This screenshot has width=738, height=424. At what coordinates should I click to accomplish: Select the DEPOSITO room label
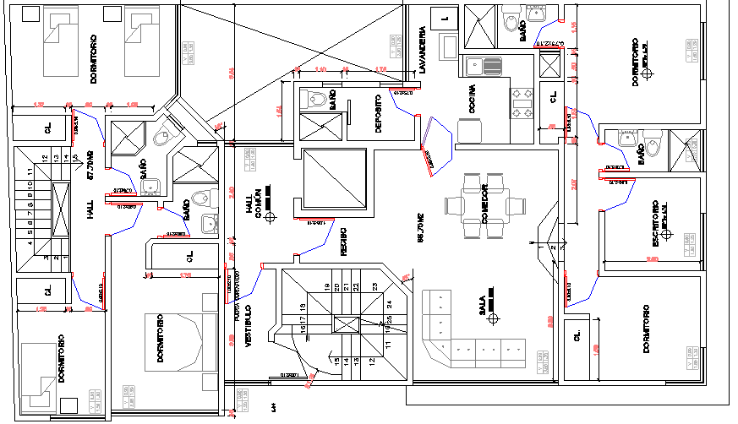click(x=378, y=112)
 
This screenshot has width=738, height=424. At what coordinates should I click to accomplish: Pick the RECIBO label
click(x=343, y=242)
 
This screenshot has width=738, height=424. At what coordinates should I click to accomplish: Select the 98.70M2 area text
click(x=419, y=228)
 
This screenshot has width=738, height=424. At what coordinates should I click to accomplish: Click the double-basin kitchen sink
click(x=483, y=66)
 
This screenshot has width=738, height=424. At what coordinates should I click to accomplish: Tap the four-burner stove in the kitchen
click(x=521, y=102)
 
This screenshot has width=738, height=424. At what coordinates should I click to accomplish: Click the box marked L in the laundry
click(x=444, y=17)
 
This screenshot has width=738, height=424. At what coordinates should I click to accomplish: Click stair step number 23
click(x=374, y=286)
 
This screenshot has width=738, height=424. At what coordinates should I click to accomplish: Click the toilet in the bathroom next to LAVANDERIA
click(x=511, y=21)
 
